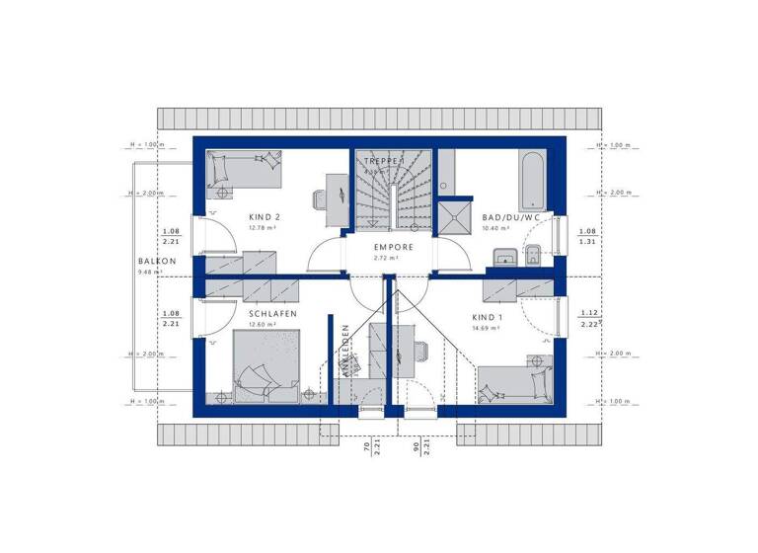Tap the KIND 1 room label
487,317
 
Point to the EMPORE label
392,247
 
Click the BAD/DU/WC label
510,216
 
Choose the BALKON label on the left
158,262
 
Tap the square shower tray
456,218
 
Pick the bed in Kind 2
245,171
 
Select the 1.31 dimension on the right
587,240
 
